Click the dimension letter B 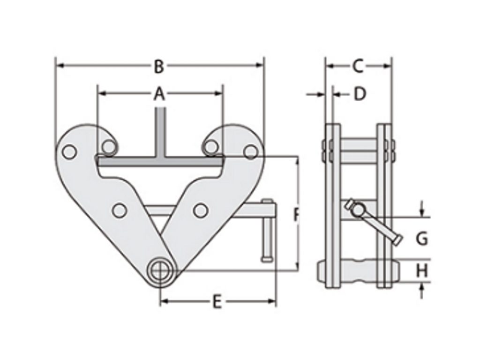[x=159, y=67]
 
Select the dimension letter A [x=159, y=95]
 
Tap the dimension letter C [x=358, y=67]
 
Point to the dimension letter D [x=360, y=94]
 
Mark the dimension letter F [x=296, y=215]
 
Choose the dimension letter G [x=422, y=239]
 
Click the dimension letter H [x=422, y=270]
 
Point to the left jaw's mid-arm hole [x=120, y=210]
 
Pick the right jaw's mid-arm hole [x=200, y=210]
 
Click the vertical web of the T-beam [x=160, y=131]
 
